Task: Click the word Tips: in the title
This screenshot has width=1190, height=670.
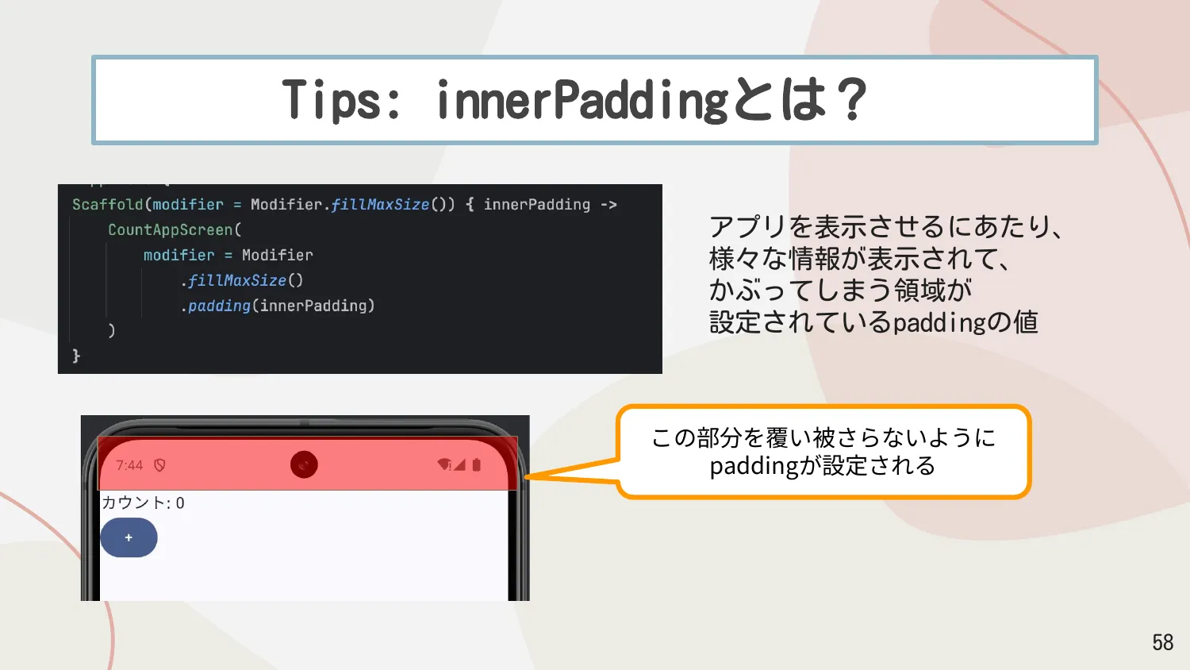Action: tap(341, 101)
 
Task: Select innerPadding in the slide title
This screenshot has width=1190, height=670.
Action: tap(582, 101)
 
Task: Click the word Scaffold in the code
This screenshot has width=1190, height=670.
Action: tap(107, 205)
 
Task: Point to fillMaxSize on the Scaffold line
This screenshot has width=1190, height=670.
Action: tap(380, 205)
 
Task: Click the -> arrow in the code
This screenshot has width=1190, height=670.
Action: tap(608, 205)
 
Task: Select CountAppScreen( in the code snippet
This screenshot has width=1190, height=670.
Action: tap(175, 230)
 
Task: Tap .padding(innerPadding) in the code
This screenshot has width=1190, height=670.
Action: tap(278, 306)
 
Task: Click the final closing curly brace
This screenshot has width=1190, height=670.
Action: tap(76, 356)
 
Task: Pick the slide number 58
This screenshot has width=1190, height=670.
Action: tap(1162, 642)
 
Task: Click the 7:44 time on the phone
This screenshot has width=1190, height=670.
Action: tap(129, 465)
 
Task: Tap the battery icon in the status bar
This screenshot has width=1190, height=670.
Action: tap(477, 464)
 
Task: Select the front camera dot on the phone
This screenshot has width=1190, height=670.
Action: tap(304, 464)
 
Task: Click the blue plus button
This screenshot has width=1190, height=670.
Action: tap(129, 537)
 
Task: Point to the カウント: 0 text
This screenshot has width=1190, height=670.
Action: tap(143, 502)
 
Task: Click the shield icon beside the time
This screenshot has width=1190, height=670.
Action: tap(159, 465)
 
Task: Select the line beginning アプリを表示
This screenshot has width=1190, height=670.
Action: tap(885, 227)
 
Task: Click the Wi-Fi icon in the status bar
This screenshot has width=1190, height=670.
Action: tap(444, 464)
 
